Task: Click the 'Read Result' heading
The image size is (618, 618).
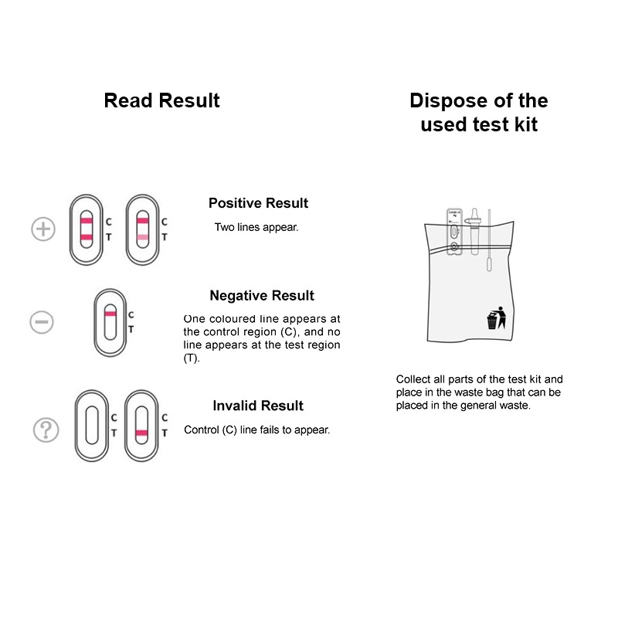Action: pos(161,100)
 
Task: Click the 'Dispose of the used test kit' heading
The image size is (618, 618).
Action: pos(478,112)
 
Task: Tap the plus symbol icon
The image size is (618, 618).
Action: pos(43,229)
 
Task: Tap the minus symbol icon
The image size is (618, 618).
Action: pos(42,322)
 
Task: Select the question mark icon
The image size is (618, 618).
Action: pos(46,430)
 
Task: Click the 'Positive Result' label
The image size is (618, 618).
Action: pos(258,203)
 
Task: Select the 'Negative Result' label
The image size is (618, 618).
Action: pos(262,296)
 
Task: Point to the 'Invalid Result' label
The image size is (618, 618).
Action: pos(258,406)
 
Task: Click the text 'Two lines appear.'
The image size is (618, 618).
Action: pos(256,228)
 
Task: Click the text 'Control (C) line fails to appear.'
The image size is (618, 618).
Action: pos(256,430)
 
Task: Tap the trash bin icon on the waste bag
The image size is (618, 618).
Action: pos(494,318)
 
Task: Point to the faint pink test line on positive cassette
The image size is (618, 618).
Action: pos(142,236)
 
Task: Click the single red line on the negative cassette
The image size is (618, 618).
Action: pos(110,315)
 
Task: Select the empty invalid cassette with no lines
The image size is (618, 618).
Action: pos(92,424)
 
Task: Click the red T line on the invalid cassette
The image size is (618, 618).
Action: pos(142,433)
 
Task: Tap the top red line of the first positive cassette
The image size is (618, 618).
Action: pos(86,221)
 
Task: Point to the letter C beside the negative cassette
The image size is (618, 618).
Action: pos(131,315)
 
